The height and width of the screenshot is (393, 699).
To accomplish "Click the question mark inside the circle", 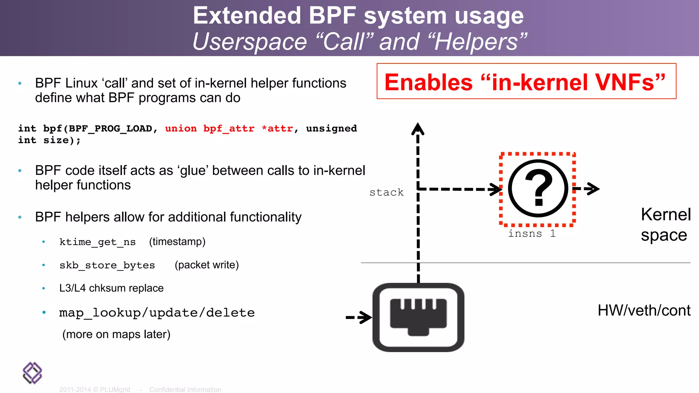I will coord(538,188).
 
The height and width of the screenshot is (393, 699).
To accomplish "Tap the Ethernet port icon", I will coord(418,317).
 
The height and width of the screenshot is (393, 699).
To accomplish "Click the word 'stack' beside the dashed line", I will coord(386,192).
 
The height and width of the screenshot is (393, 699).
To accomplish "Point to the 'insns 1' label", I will coord(531,234).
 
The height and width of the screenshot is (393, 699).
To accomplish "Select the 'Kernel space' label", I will coord(665,225).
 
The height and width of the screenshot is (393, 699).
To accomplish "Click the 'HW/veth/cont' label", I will coord(644,310).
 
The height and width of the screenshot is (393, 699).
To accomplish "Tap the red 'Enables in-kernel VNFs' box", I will coord(526,82).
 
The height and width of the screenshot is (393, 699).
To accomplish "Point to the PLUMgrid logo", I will coord(32,373).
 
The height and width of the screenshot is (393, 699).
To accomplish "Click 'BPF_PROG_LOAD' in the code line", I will coord(110,129).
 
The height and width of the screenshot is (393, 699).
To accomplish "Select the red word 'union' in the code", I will coord(181,129).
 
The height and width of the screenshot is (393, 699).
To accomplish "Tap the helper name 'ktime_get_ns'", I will coord(97,242).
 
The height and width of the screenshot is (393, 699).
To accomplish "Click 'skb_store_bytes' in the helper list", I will coord(107,265).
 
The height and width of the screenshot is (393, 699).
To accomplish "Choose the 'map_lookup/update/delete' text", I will coord(157,312).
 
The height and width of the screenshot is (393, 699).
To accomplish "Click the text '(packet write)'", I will coord(206,265).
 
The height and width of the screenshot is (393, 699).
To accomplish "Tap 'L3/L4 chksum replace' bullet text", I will coord(111,288).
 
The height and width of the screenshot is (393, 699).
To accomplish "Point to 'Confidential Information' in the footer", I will coord(185,389).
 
